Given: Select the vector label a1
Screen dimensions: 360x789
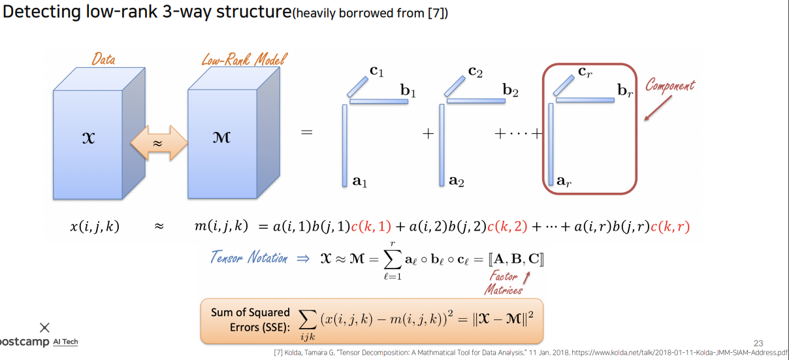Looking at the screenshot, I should click(360, 183).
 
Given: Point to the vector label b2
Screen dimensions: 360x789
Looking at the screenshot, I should click(510, 92).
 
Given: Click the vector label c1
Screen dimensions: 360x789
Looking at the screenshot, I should click(376, 71).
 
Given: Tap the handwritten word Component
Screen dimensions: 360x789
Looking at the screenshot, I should click(670, 86).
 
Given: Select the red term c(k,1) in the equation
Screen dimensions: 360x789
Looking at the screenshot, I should click(371, 227).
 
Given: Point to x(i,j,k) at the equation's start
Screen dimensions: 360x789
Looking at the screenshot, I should click(95, 227).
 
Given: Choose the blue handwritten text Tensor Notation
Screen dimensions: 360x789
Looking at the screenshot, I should click(249, 257).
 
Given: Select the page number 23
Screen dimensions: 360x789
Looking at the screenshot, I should click(758, 343).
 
